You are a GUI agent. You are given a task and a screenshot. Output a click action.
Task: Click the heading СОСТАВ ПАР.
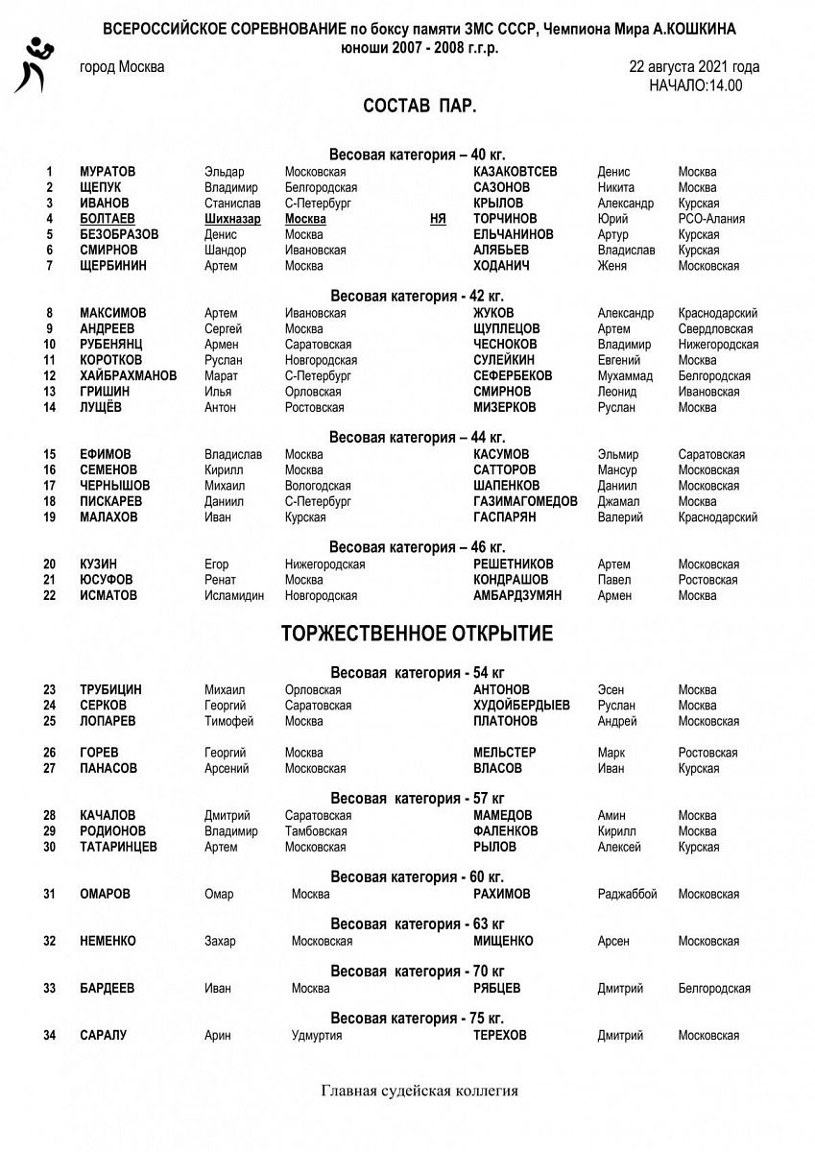[419, 107]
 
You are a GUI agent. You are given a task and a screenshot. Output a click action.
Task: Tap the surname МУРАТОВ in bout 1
[108, 172]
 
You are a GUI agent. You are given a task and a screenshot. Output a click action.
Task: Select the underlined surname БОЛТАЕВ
[108, 219]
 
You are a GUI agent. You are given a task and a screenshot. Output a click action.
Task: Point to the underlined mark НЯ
[438, 219]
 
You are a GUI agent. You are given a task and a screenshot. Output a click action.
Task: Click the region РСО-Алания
[711, 219]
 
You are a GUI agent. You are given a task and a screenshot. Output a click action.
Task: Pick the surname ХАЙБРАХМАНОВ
[129, 376]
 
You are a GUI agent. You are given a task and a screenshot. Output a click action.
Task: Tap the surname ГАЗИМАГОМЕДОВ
[525, 501]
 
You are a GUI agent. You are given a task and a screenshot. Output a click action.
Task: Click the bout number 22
[49, 595]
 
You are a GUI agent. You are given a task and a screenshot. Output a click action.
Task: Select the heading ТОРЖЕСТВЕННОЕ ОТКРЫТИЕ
[417, 635]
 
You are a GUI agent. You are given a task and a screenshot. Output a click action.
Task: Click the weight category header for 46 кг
[417, 547]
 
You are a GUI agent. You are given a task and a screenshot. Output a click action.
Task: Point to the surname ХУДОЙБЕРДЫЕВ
[521, 705]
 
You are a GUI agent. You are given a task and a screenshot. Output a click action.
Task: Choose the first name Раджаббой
[627, 894]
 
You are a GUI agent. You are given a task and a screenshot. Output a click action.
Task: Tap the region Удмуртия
[317, 1035]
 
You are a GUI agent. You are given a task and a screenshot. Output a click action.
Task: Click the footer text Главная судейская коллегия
[419, 1091]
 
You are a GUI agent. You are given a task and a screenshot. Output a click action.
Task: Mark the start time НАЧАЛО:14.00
[695, 85]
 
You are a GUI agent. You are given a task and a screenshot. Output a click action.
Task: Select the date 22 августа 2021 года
[694, 67]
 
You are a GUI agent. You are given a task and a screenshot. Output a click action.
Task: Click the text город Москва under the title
[122, 67]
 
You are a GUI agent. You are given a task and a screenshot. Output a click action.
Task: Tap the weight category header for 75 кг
[417, 1018]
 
